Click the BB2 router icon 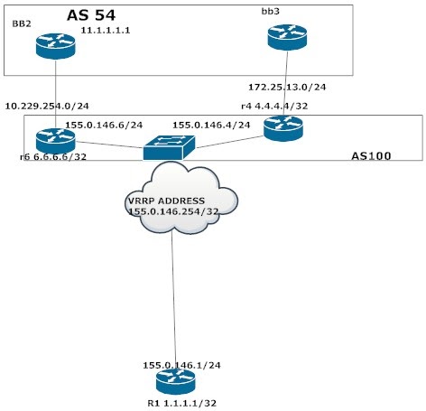coord(56,46)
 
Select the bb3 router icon coord(287,37)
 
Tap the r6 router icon coord(56,140)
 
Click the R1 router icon coord(173,379)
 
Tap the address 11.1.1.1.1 coord(106,30)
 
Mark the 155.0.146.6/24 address coord(100,125)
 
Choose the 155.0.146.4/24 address coord(211,125)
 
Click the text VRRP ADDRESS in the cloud coord(166,200)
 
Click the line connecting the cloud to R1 coord(172,298)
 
